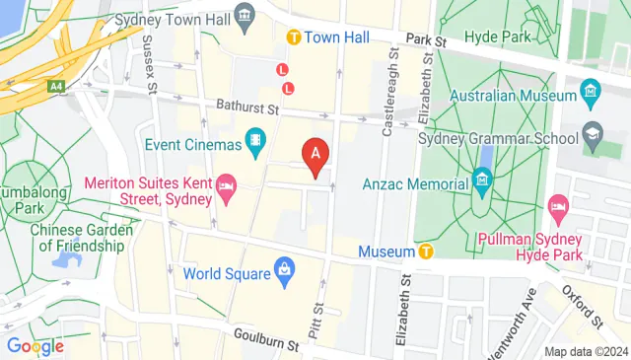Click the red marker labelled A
click(x=315, y=155)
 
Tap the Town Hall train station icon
click(x=293, y=36)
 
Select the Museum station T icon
click(x=426, y=252)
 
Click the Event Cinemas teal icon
click(x=255, y=144)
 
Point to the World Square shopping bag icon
click(x=284, y=268)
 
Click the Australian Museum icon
click(x=590, y=96)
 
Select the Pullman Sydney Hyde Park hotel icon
click(x=557, y=209)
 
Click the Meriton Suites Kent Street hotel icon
click(x=226, y=189)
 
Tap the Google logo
click(x=35, y=346)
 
